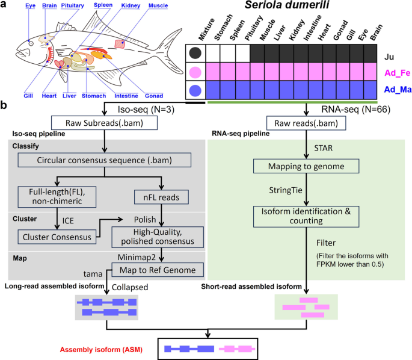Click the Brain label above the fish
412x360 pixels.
tap(51, 5)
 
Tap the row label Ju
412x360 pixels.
tap(390, 52)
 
